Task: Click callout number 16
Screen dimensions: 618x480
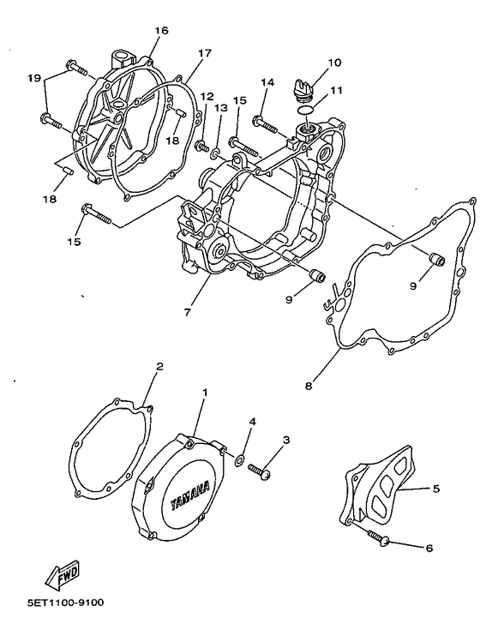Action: pyautogui.click(x=161, y=31)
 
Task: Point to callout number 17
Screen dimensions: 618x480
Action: pyautogui.click(x=204, y=53)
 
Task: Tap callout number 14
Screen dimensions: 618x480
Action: pyautogui.click(x=267, y=82)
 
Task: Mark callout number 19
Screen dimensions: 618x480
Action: pyautogui.click(x=33, y=78)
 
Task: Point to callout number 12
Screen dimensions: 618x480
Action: pyautogui.click(x=206, y=96)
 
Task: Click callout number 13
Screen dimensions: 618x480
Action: pyautogui.click(x=221, y=109)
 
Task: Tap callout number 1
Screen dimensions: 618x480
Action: pyautogui.click(x=204, y=392)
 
